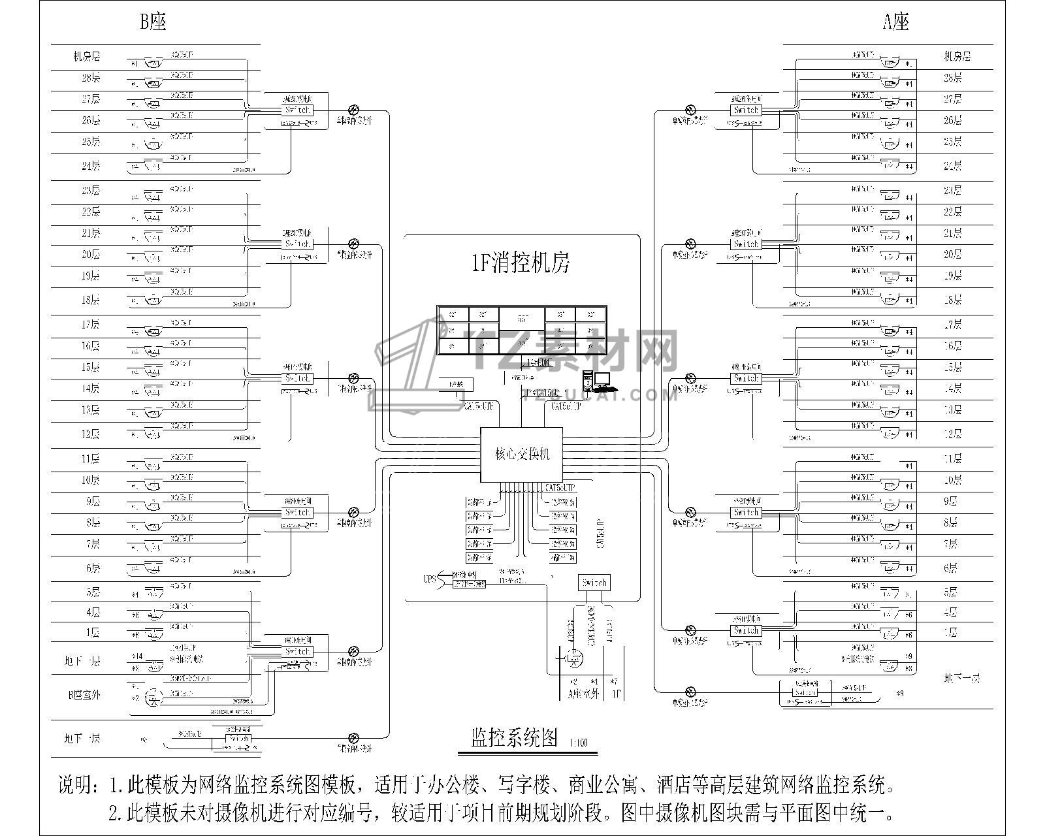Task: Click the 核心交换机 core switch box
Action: coord(521,455)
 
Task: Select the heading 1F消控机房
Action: coord(521,263)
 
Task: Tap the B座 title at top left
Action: coord(153,23)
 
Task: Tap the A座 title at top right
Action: coord(896,23)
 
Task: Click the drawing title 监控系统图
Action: coord(514,739)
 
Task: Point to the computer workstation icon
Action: coord(596,381)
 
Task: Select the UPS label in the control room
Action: coord(430,579)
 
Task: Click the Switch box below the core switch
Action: coord(594,583)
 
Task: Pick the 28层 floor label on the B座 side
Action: coord(91,78)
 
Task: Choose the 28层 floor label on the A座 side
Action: coord(953,78)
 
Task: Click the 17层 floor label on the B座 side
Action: coord(91,325)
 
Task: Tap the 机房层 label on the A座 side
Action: coord(957,57)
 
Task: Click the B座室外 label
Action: coord(84,695)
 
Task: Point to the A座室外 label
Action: coord(583,694)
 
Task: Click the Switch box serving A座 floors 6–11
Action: coord(745,513)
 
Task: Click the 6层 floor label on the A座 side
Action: coord(953,568)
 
